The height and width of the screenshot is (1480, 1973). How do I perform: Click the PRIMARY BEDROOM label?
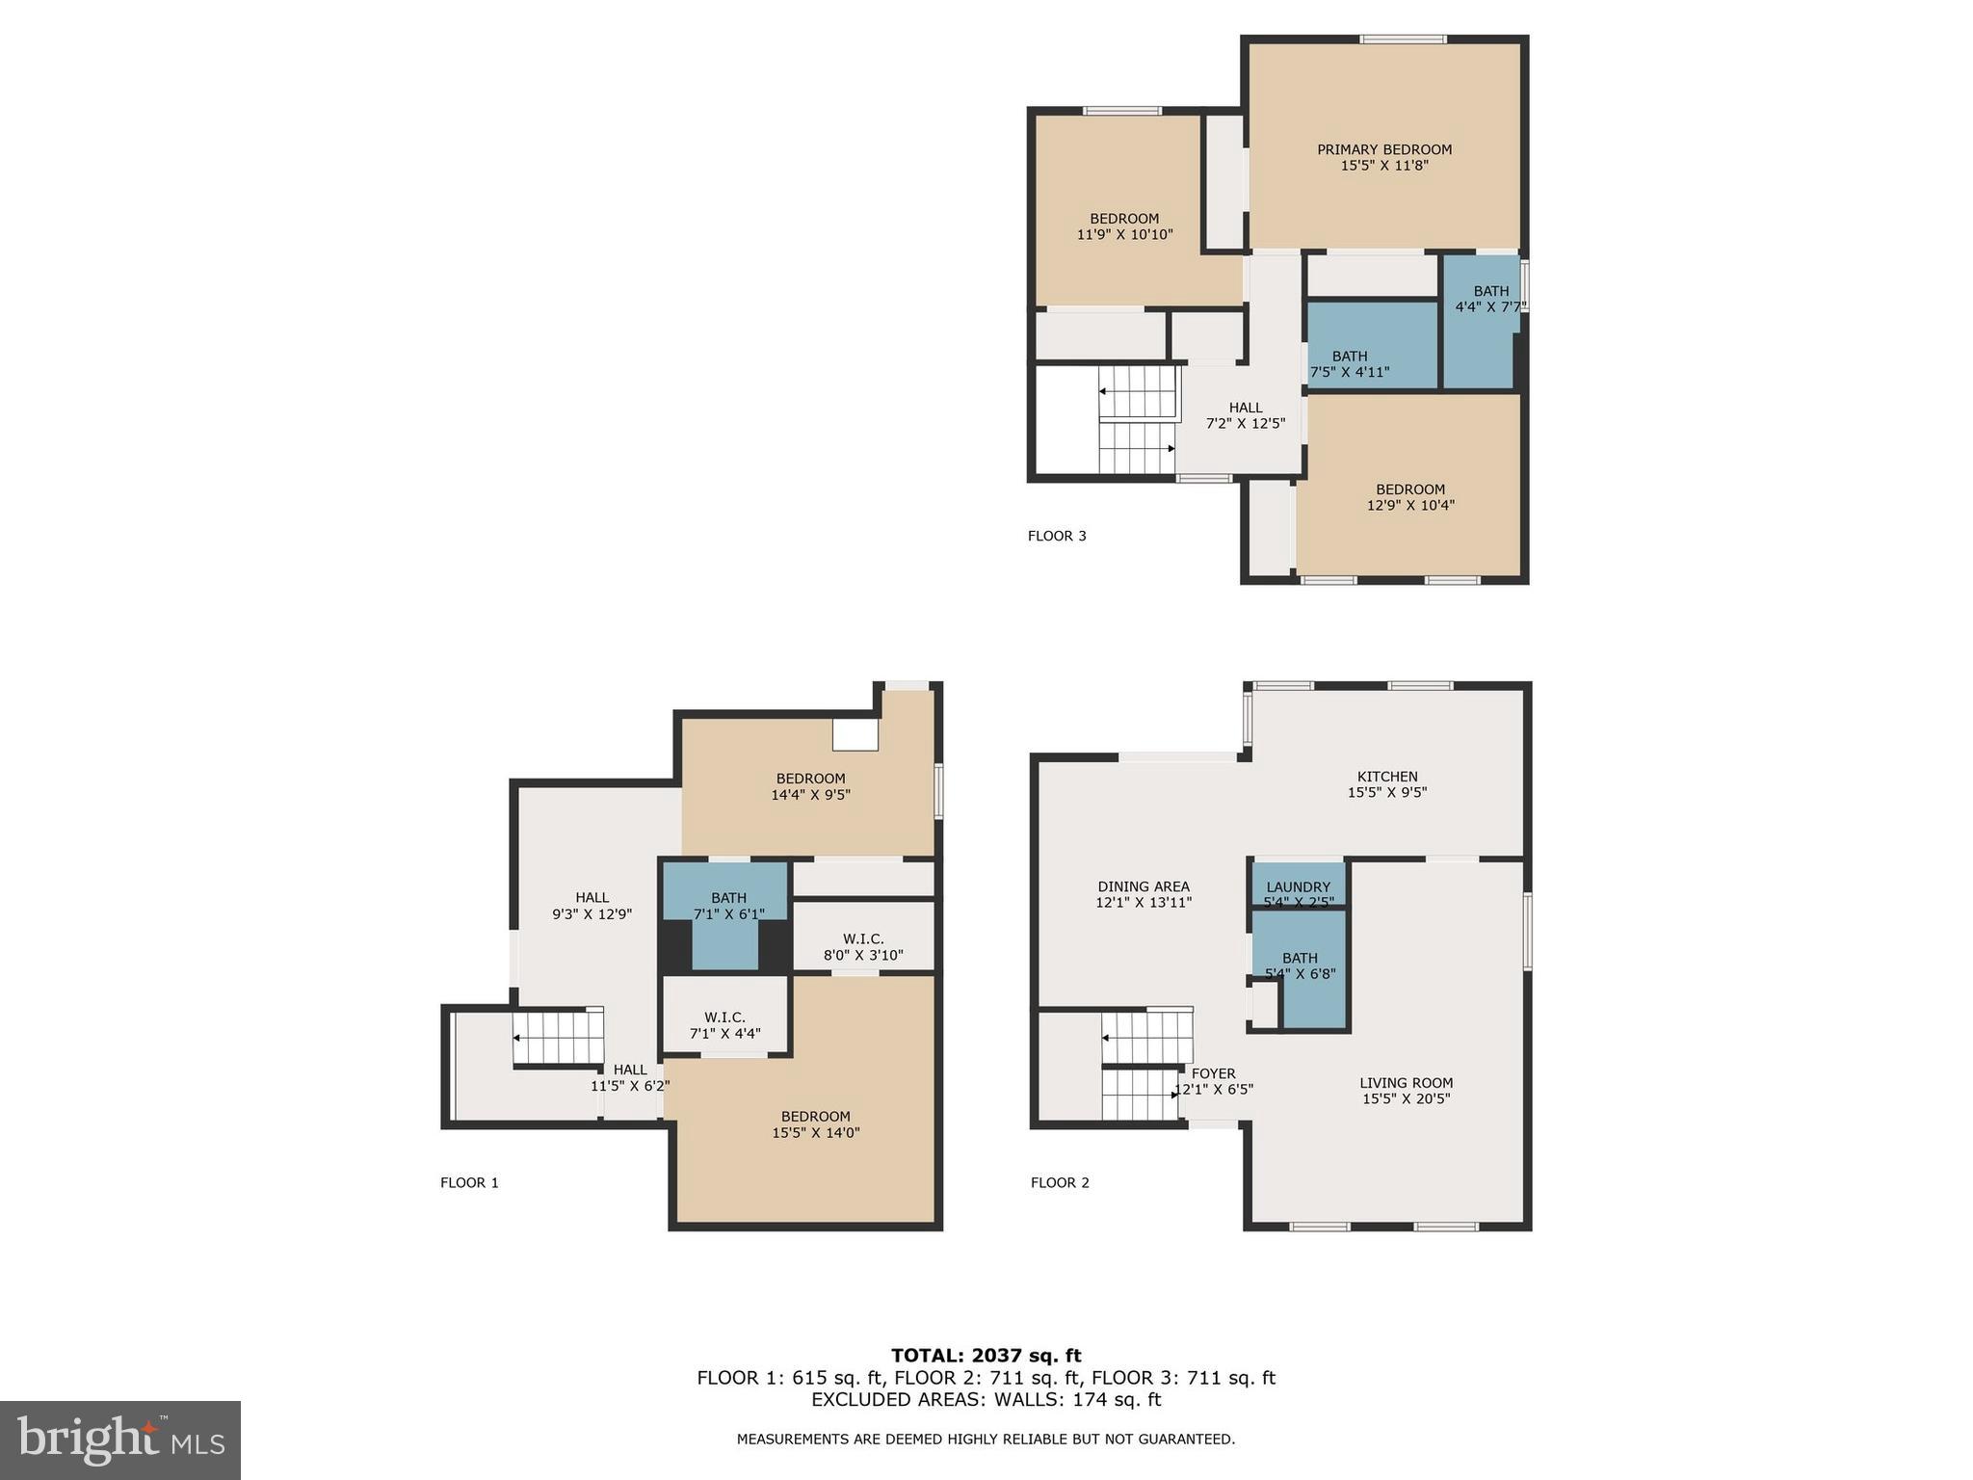pos(1383,157)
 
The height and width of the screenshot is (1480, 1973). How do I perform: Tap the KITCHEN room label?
pos(1386,784)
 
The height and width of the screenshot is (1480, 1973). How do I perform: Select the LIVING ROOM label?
pos(1406,1091)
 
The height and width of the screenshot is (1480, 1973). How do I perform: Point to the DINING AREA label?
pos(1144,894)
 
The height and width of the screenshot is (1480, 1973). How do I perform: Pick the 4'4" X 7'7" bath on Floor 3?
pos(1489,299)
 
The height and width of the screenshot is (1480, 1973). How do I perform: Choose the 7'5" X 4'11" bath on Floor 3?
pos(1350,363)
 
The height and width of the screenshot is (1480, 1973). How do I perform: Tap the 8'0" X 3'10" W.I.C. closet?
pos(862,946)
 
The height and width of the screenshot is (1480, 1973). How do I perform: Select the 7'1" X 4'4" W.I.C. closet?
pos(724,1025)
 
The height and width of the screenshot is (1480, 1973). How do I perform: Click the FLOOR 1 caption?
pos(469,1182)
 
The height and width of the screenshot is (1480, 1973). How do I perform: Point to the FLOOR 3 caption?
pos(1057,536)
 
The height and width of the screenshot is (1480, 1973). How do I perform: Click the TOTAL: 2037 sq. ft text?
pos(986,1356)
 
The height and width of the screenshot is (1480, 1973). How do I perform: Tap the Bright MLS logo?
pos(120,1440)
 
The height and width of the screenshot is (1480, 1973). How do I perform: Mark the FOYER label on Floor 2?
pos(1213,1081)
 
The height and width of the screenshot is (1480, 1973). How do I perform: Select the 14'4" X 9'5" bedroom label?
pos(810,786)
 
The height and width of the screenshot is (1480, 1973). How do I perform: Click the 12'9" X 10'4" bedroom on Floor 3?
pos(1410,497)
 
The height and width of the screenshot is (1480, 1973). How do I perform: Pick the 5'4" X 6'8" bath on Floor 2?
pos(1300,965)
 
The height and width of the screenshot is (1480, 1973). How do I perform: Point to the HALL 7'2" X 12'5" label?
pos(1246,415)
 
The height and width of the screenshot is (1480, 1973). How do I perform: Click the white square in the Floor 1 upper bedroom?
pos(855,735)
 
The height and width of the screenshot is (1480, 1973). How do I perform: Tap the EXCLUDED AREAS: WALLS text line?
pos(986,1399)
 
